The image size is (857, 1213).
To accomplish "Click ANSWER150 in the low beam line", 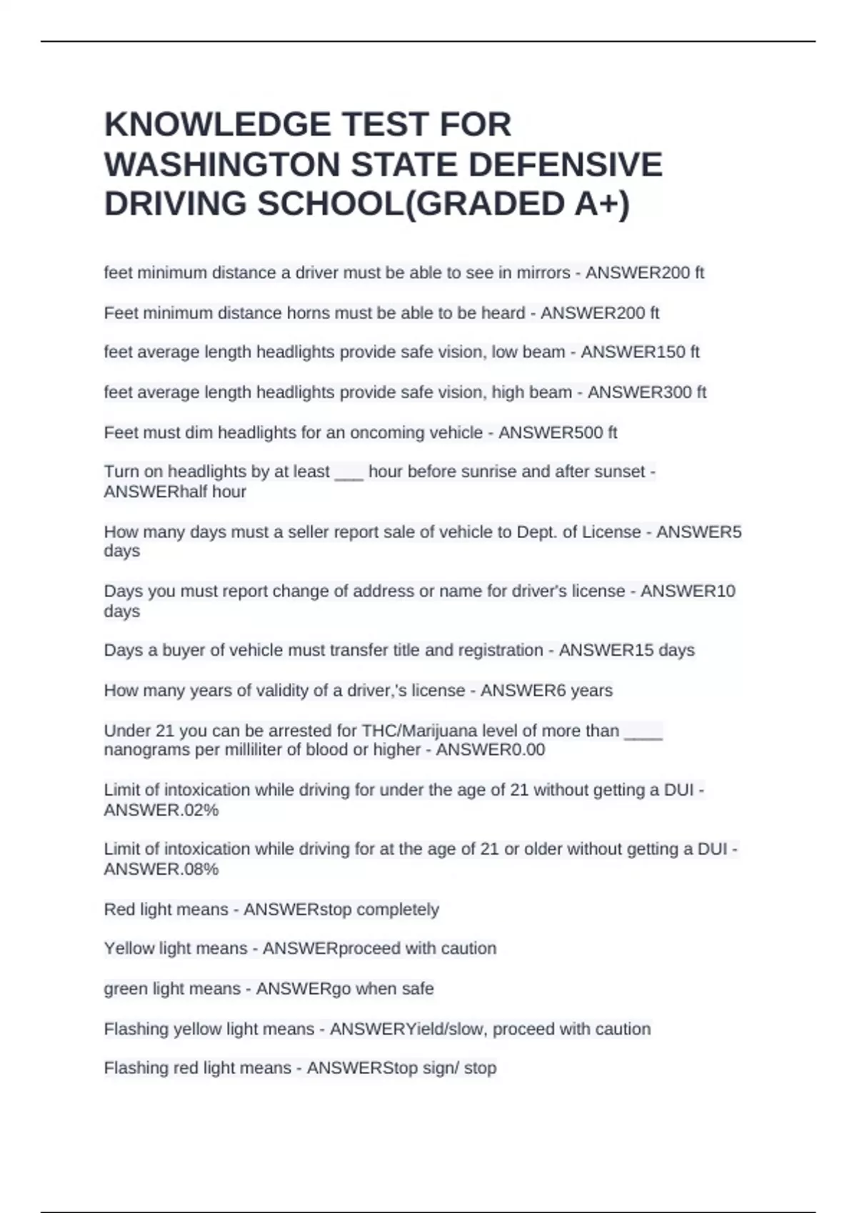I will [x=633, y=352].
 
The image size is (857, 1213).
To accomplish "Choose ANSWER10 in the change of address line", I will [x=688, y=592].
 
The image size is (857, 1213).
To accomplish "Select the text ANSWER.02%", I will [x=161, y=811].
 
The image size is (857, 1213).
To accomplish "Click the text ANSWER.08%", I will [x=161, y=870].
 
